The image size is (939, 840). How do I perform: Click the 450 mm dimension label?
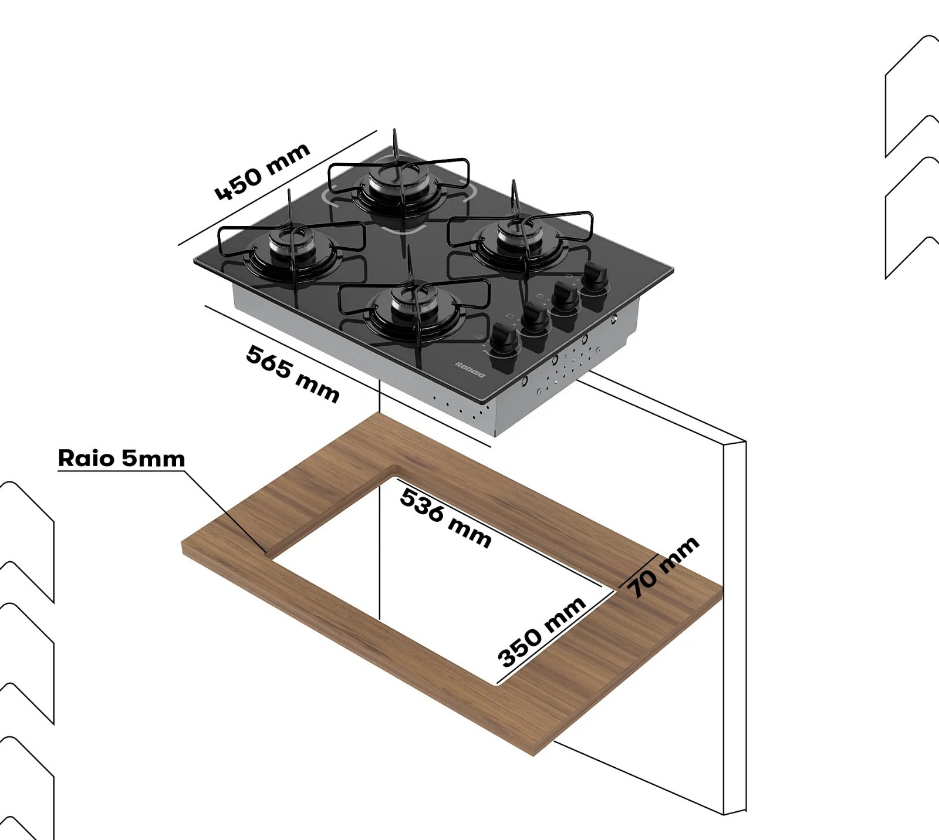point(262,171)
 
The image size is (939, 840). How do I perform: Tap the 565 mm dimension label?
point(292,373)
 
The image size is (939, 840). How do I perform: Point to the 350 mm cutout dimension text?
point(541,632)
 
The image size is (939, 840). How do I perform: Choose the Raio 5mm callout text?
point(121,458)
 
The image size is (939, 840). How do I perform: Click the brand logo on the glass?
point(470,370)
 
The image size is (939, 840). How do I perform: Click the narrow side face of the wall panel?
point(735,622)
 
